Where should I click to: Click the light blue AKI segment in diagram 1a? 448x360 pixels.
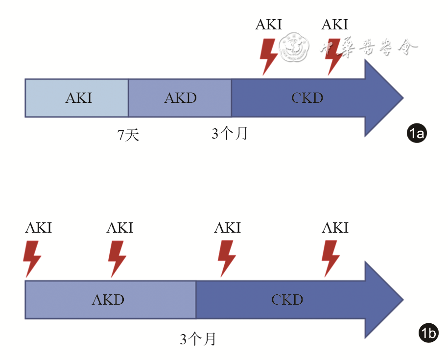[77, 98]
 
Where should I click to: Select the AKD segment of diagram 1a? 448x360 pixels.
[180, 98]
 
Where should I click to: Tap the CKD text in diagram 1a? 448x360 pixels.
[307, 98]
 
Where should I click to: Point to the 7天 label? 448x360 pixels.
[128, 135]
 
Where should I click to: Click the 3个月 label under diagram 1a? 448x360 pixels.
[230, 133]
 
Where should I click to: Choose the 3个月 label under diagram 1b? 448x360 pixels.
[198, 339]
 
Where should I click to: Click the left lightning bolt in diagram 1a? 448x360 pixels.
[267, 56]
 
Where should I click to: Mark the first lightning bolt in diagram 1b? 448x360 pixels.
[32, 259]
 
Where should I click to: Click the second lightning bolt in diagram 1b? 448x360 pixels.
[118, 259]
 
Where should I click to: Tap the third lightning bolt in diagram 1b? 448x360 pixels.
[227, 259]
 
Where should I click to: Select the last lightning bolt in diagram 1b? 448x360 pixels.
[331, 259]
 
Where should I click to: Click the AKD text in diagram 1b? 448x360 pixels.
[108, 300]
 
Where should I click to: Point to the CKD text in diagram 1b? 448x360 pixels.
[287, 300]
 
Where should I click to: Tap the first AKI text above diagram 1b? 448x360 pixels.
[38, 228]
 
